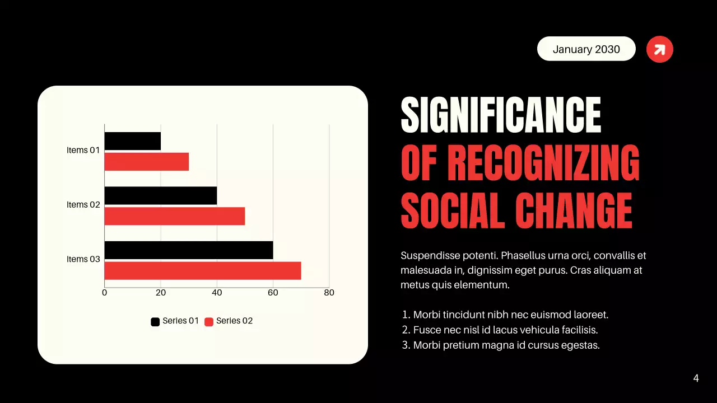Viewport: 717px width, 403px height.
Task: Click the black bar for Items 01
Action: coord(133,141)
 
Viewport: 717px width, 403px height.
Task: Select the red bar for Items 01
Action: coord(147,162)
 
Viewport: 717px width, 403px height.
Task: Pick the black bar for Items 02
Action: coord(161,195)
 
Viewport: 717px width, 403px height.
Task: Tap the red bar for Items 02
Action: coord(175,216)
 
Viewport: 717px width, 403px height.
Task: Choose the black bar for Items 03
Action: coord(189,250)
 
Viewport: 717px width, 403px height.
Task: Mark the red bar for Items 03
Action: coord(203,271)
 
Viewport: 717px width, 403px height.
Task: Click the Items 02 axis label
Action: coord(83,205)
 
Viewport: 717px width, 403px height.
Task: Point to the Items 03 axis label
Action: coord(83,259)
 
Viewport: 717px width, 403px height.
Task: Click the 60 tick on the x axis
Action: coord(273,293)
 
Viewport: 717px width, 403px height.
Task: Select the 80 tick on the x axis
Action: coord(329,293)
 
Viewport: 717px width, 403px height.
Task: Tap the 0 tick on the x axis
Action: coord(105,293)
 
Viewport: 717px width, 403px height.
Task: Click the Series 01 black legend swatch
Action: coord(155,322)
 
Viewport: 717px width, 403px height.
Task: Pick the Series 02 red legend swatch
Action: coord(209,322)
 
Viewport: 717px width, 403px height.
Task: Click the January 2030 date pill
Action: coord(586,49)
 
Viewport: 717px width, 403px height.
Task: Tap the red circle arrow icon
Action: coord(659,49)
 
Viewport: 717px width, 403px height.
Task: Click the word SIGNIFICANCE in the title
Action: coord(501,115)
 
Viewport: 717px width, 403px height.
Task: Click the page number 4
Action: coord(696,378)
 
